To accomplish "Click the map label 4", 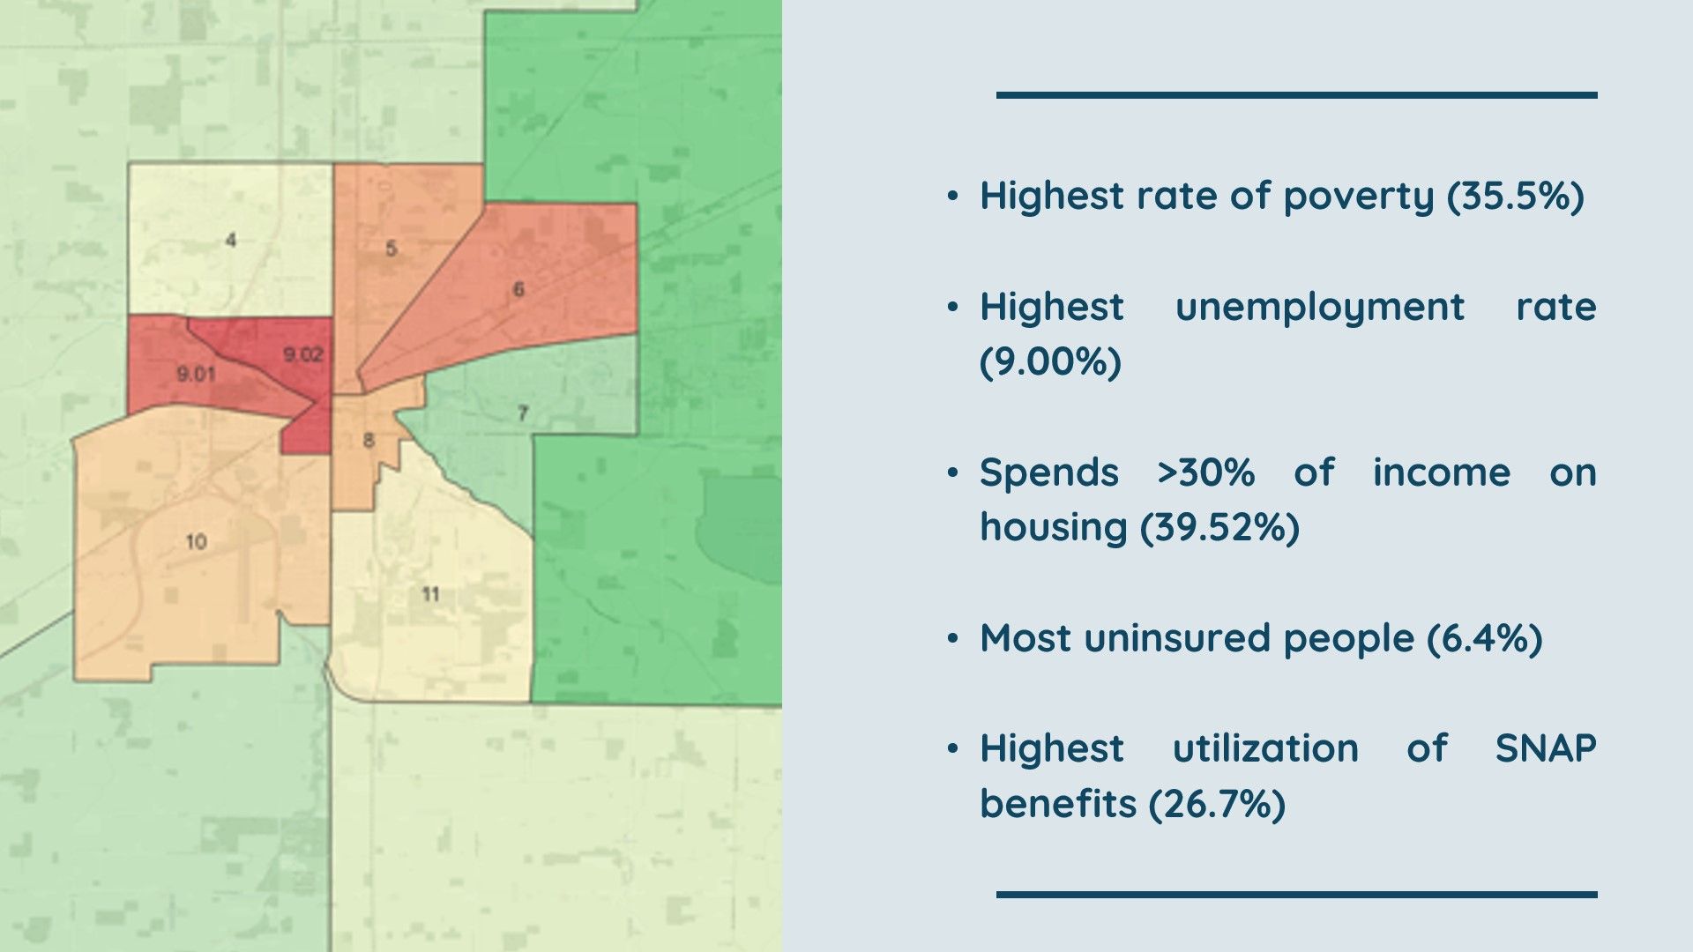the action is (231, 240).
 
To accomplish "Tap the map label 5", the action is (392, 249).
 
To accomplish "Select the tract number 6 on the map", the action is (518, 289).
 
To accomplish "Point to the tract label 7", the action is (523, 413).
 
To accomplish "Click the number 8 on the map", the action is (369, 440).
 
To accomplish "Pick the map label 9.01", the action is (196, 375).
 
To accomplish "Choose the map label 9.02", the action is (303, 355).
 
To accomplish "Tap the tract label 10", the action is (197, 541).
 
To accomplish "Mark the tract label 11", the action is (430, 594).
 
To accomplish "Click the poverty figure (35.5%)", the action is (1516, 196).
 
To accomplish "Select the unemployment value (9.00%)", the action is (1050, 361).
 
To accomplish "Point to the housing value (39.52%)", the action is (1219, 527).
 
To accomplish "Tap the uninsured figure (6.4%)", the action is (1485, 637).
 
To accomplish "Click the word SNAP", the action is (1546, 748).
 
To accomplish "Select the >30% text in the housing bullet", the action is (1206, 472).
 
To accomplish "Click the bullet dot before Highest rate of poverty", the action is (952, 196).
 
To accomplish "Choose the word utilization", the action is (1265, 748).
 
